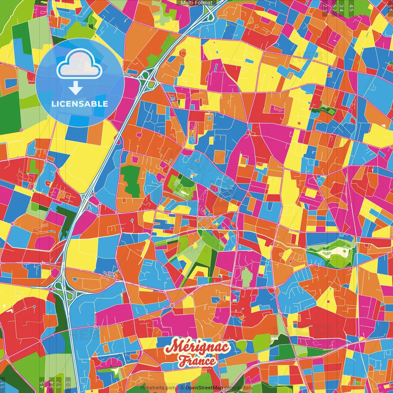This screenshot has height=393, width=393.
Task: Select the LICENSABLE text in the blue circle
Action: tap(80, 104)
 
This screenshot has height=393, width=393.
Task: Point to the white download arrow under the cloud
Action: tap(76, 89)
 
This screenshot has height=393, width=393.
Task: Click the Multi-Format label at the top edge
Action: tap(196, 3)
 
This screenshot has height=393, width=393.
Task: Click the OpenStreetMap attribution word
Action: tap(204, 388)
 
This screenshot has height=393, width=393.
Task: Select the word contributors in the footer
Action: tap(238, 388)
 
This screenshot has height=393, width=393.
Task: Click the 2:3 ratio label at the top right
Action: tap(325, 8)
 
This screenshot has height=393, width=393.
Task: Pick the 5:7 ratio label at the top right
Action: tap(334, 8)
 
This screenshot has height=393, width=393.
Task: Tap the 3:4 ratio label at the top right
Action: tap(341, 8)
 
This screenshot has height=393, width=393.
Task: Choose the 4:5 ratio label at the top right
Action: tap(351, 8)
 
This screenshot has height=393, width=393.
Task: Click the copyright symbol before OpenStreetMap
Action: tap(182, 388)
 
